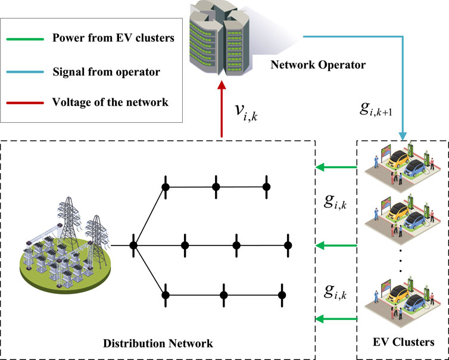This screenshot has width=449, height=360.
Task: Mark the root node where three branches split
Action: tap(134, 245)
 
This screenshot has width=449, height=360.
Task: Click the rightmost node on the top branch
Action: tap(267, 187)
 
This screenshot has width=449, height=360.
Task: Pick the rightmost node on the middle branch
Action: tap(288, 245)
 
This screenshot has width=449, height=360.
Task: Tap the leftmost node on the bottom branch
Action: tap(167, 295)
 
